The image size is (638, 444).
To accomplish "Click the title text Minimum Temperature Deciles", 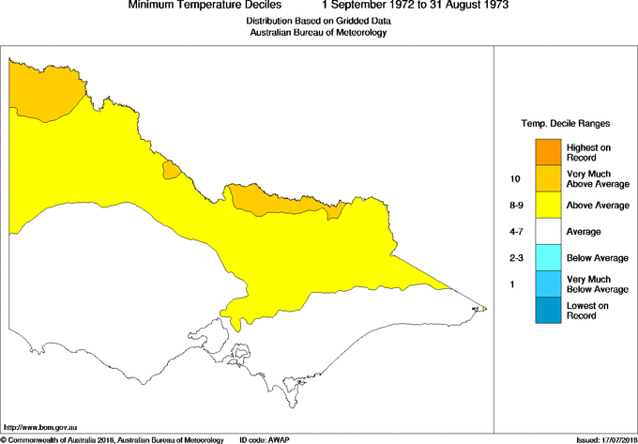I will [x=199, y=6].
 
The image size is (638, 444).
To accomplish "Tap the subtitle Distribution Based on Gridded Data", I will [x=317, y=21].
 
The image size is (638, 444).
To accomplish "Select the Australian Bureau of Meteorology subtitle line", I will [x=317, y=33].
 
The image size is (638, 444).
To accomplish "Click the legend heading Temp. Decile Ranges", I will [x=566, y=123].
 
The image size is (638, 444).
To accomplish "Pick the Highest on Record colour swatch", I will [x=548, y=151].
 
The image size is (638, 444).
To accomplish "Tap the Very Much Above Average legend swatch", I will [x=548, y=177].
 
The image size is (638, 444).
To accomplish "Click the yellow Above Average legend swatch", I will [x=548, y=204].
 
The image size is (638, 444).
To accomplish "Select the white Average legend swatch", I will [x=548, y=230].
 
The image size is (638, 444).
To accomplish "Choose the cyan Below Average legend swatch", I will [x=548, y=256].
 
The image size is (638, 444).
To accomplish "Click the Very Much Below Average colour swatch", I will [x=548, y=283].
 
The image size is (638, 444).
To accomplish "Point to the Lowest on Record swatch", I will [x=548, y=310].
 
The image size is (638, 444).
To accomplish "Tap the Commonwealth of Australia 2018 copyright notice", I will [x=113, y=439].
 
